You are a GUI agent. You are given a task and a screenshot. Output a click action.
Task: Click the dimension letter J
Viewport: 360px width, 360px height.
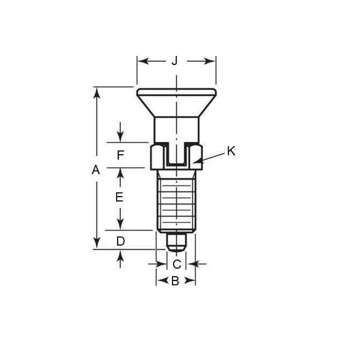[174, 61]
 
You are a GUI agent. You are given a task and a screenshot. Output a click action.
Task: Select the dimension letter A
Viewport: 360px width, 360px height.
[96, 170]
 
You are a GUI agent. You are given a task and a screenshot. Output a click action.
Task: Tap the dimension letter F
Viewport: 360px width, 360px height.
[120, 156]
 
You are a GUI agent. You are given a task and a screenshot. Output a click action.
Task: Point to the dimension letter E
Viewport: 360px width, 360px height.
[120, 197]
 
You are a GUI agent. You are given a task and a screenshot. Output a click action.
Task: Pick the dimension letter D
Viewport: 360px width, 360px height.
[120, 241]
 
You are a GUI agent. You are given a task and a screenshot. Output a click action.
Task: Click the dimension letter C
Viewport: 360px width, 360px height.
[177, 264]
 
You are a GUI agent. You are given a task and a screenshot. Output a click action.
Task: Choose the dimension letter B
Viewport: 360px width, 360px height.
[175, 280]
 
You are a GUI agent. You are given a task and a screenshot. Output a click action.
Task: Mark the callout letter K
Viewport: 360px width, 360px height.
[231, 152]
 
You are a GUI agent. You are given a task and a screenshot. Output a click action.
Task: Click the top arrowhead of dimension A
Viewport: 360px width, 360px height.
[97, 92]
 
